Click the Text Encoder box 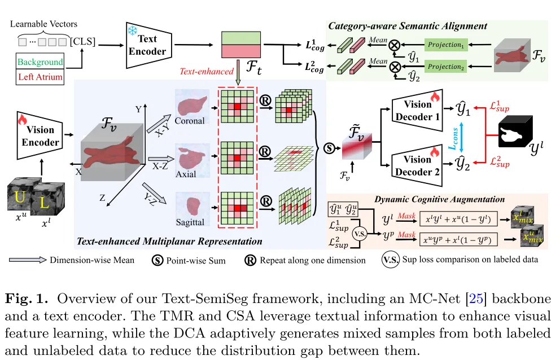click(x=149, y=45)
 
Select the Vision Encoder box click(x=40, y=136)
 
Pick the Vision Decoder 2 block click(x=417, y=166)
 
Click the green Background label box click(x=40, y=62)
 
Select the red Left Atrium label click(x=40, y=77)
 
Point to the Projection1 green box click(x=446, y=45)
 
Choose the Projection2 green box click(x=446, y=67)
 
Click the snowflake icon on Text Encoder click(x=133, y=30)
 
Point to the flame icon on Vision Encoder click(x=22, y=119)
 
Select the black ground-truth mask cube click(x=515, y=131)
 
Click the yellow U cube click(x=20, y=196)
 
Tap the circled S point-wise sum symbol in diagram click(x=329, y=148)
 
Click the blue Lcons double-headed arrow click(x=461, y=138)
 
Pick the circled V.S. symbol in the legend click(x=390, y=260)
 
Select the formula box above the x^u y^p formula click(x=458, y=219)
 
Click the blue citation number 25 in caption click(x=476, y=298)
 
